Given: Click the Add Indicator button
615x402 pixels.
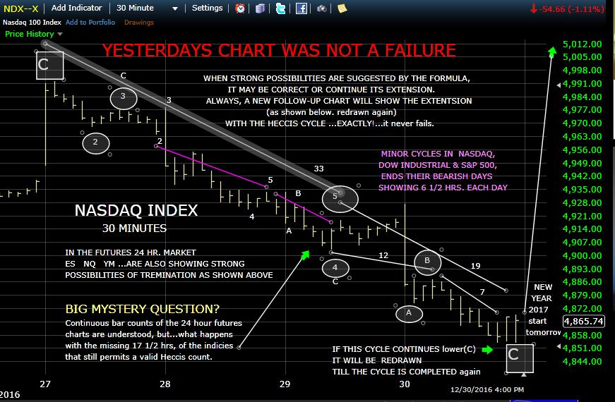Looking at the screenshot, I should tap(76, 8).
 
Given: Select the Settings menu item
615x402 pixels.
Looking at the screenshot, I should tap(207, 8).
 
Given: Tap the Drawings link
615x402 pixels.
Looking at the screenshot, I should tap(139, 22).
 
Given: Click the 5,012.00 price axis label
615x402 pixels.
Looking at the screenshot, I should tap(583, 44).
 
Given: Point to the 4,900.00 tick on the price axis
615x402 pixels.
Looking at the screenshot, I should tap(583, 255).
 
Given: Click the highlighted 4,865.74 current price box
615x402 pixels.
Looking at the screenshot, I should tap(584, 320).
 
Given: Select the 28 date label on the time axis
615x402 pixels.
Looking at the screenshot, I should tap(165, 384).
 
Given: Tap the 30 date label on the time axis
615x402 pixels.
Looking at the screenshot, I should tap(404, 384).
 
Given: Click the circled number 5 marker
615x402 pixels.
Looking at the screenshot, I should tap(335, 197).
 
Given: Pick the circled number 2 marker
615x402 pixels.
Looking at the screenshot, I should tap(96, 143).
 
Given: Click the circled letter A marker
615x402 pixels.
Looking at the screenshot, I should tap(409, 312).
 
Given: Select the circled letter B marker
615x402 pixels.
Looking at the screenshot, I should tap(427, 261).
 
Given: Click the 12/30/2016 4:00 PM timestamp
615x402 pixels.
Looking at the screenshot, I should tap(487, 388).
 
